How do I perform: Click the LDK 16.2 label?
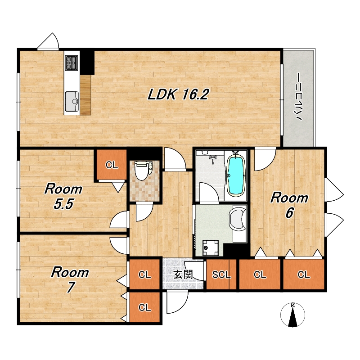pos(178,94)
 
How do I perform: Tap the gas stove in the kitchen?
pos(72,63)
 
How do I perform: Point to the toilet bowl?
pos(143,171)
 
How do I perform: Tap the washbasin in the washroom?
pos(238,219)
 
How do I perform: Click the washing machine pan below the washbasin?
pos(211,247)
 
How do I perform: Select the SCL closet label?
pos(221,274)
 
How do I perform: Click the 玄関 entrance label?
pos(183,274)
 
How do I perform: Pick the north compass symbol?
pos(293,315)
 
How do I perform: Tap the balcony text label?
pos(298,97)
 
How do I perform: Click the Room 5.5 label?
pos(63,196)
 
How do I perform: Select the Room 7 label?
pos(70,279)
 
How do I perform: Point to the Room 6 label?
pos(289,205)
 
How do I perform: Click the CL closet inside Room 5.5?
pos(112,165)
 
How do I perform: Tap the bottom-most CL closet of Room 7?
pos(144,307)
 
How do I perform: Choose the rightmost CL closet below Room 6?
pos(303,274)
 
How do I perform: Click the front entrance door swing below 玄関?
pos(177,301)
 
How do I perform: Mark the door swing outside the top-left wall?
pos(49,41)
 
